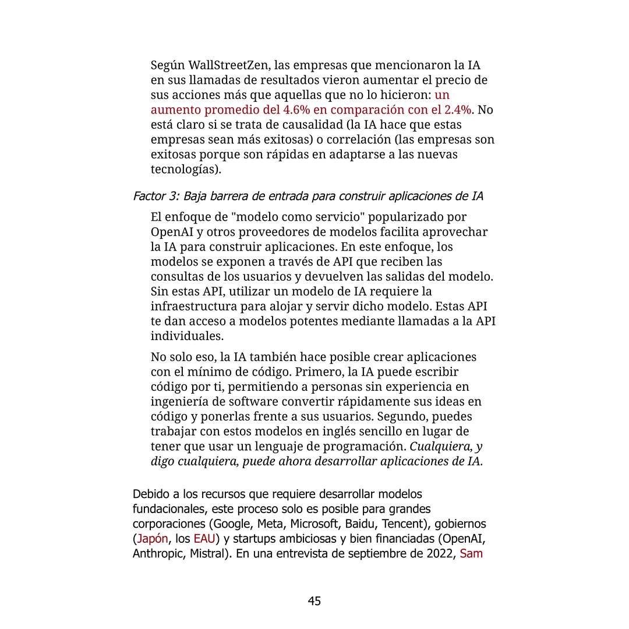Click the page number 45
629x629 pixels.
click(314, 601)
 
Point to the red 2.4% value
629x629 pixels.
click(457, 110)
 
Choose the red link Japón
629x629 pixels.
click(153, 538)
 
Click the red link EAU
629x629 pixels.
click(204, 538)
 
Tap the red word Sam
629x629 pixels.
click(471, 553)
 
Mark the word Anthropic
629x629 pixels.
click(158, 553)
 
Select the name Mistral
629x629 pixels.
click(208, 553)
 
